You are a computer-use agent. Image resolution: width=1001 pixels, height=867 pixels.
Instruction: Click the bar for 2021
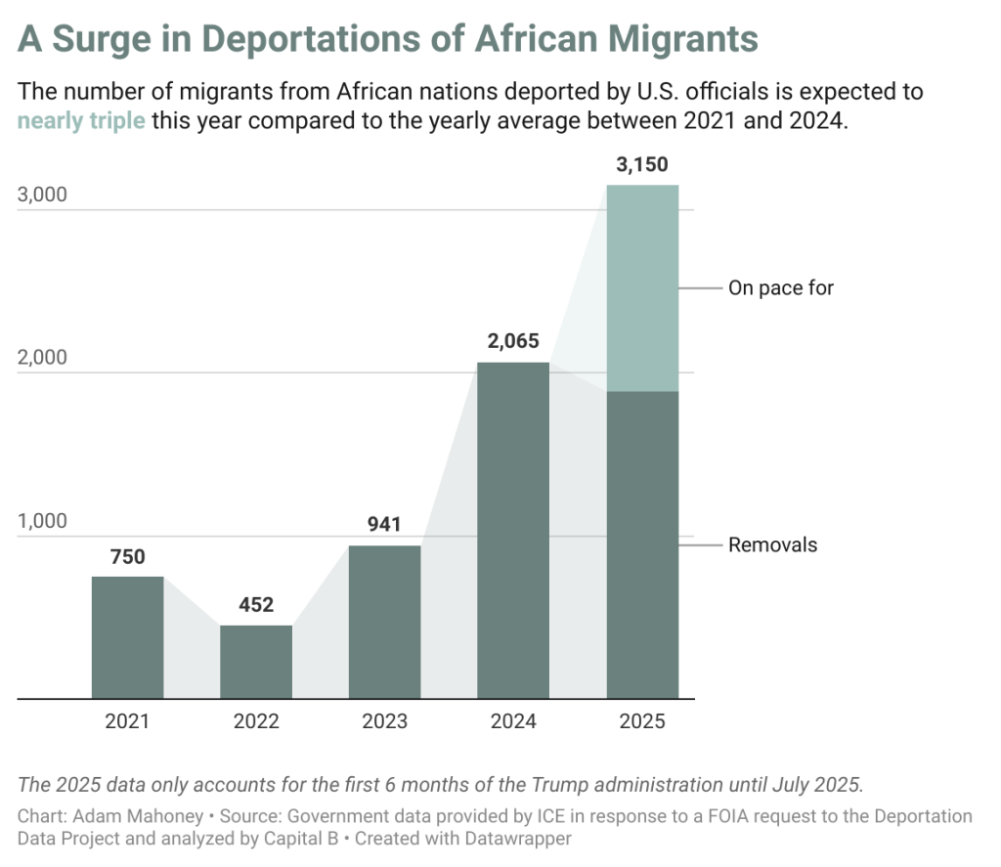pyautogui.click(x=127, y=637)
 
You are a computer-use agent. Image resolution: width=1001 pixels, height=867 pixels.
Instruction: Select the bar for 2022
pyautogui.click(x=256, y=662)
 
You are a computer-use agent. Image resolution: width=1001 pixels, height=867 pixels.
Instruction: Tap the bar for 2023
pyautogui.click(x=384, y=622)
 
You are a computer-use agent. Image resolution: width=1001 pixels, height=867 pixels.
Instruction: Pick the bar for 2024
pyautogui.click(x=513, y=530)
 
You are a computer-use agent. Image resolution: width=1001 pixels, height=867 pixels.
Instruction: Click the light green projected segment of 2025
pyautogui.click(x=642, y=288)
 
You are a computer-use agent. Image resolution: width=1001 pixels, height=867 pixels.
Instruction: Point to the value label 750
pyautogui.click(x=127, y=557)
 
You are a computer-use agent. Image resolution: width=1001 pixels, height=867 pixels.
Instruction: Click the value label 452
pyautogui.click(x=256, y=605)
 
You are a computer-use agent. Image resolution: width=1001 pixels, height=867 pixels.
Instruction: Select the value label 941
pyautogui.click(x=384, y=526)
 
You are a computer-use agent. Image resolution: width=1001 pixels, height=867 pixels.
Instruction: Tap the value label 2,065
pyautogui.click(x=513, y=342)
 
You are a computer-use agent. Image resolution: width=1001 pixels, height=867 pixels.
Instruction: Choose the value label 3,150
pyautogui.click(x=642, y=164)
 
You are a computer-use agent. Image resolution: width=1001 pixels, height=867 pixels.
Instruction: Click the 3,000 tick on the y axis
pyautogui.click(x=42, y=195)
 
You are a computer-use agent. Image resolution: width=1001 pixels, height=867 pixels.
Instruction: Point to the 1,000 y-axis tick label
pyautogui.click(x=42, y=521)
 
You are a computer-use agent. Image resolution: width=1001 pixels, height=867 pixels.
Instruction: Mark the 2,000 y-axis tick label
pyautogui.click(x=42, y=358)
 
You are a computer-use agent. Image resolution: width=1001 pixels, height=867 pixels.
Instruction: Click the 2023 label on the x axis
pyautogui.click(x=384, y=722)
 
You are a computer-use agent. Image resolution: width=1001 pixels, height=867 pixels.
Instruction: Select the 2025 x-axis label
pyautogui.click(x=642, y=722)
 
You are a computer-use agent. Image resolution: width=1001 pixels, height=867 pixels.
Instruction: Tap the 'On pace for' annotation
pyautogui.click(x=780, y=288)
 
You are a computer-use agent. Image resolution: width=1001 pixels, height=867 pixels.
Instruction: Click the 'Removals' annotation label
pyautogui.click(x=772, y=544)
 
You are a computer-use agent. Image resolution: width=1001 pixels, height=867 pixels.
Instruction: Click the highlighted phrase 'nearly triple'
pyautogui.click(x=81, y=124)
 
